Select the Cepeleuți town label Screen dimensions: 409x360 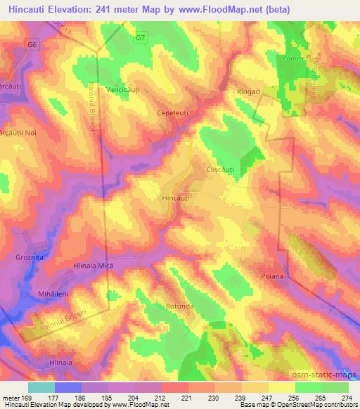(x=175, y=112)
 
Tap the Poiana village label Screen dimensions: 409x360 (x=271, y=276)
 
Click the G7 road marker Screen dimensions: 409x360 (x=141, y=37)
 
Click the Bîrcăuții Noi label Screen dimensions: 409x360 (x=22, y=134)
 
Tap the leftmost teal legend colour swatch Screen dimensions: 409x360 (x=41, y=387)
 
